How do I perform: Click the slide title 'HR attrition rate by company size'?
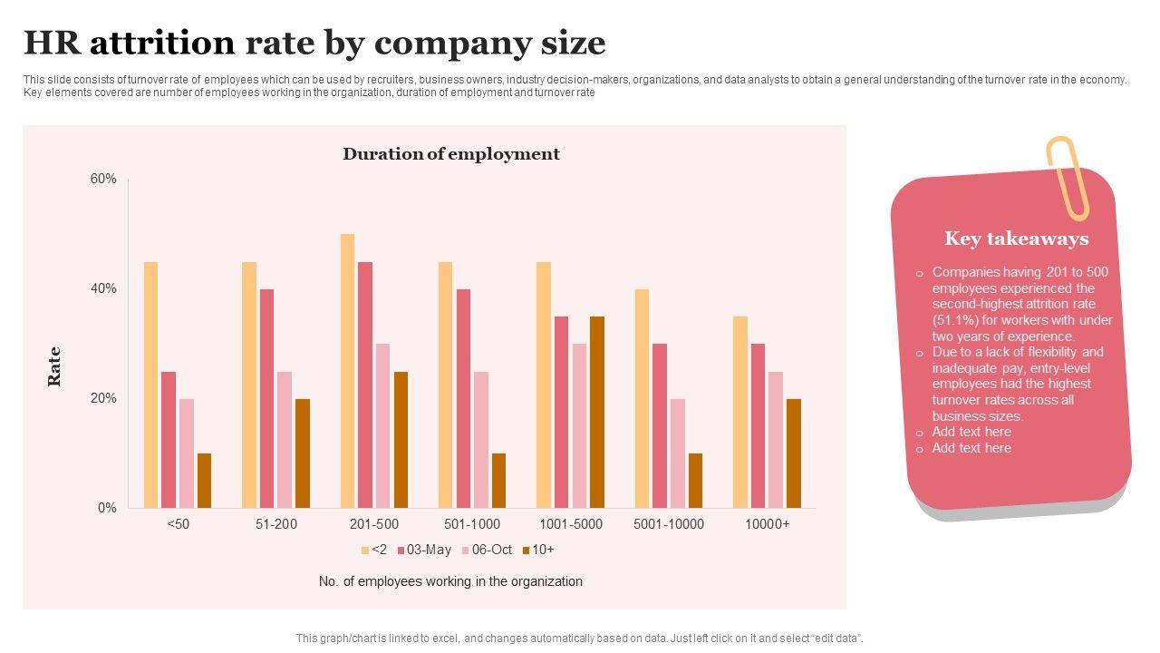point(314,43)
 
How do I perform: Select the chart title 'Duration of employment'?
point(450,154)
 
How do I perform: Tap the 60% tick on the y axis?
point(103,180)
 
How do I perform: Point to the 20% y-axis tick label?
point(103,399)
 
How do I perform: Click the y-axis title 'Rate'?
point(54,366)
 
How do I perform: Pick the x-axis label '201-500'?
point(373,524)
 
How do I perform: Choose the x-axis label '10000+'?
point(767,524)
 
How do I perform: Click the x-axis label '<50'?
point(179,524)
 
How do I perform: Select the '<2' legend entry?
point(374,550)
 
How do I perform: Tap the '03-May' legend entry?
point(424,550)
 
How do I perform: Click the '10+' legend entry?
point(538,550)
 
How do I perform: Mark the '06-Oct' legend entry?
point(487,550)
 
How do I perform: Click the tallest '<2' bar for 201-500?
point(347,371)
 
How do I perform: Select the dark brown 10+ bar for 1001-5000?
point(596,412)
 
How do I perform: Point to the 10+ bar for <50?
point(204,481)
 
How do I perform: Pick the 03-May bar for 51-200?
point(266,398)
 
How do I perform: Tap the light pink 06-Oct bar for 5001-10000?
point(677,453)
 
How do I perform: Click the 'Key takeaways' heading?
point(1016,239)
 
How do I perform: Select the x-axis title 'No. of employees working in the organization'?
point(450,581)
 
